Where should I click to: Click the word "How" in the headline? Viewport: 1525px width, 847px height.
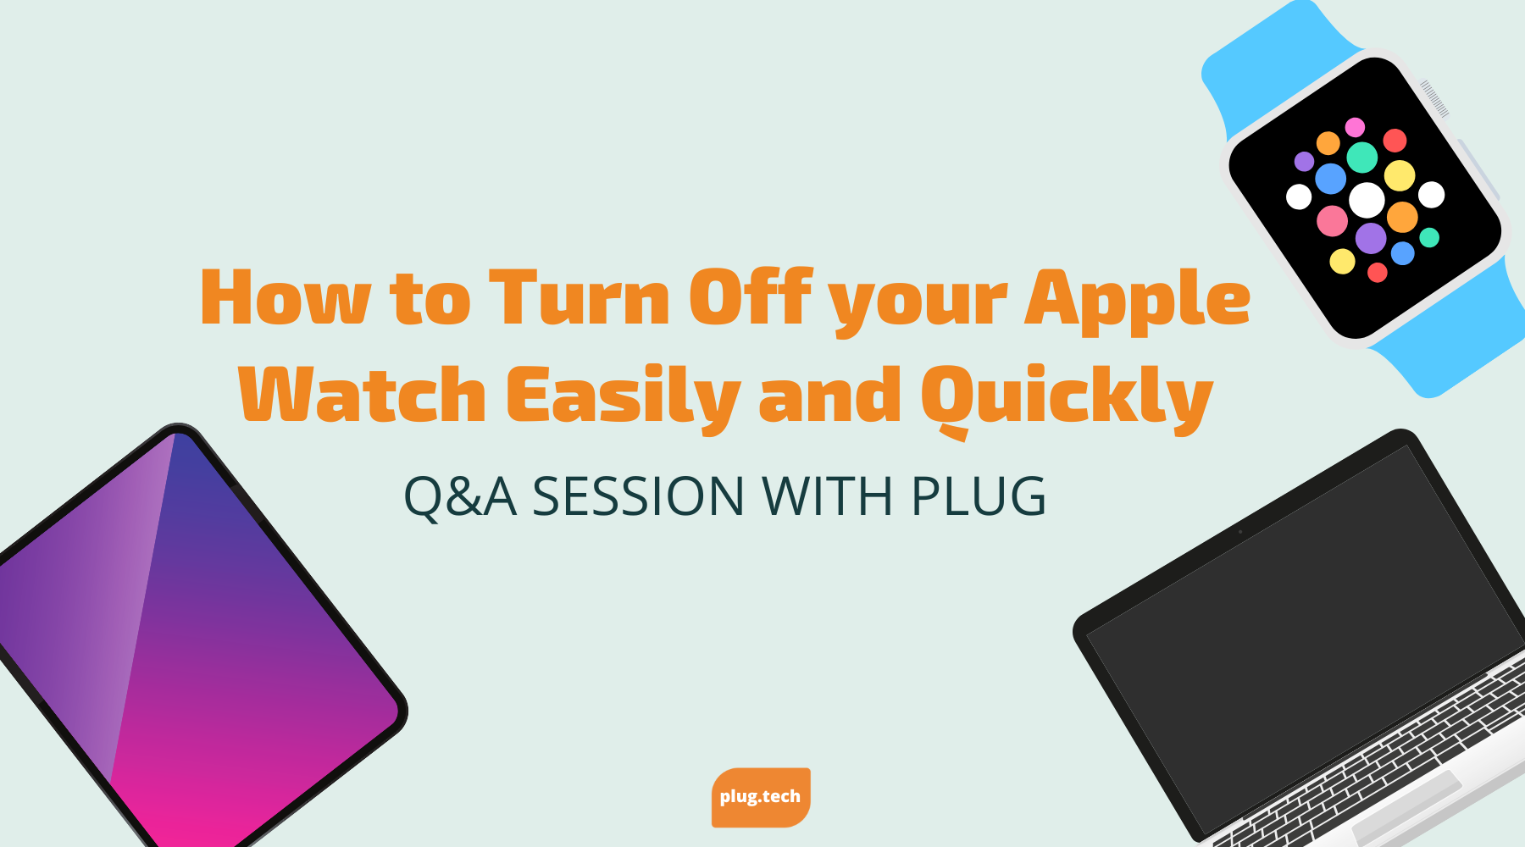point(285,298)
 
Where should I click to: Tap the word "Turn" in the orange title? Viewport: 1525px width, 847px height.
point(580,298)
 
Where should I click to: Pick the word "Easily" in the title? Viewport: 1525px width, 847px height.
point(623,396)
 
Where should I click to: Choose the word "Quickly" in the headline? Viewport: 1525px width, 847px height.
point(1067,396)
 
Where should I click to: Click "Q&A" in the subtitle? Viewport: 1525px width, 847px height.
point(460,496)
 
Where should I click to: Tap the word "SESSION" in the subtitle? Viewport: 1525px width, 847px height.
point(638,496)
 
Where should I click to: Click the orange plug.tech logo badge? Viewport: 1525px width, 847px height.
point(761,797)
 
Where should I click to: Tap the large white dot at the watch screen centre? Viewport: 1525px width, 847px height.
point(1367,200)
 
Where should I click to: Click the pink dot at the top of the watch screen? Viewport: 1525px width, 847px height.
point(1355,127)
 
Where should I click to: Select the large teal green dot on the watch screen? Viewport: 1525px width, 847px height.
point(1362,157)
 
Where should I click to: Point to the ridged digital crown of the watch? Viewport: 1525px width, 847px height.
point(1434,97)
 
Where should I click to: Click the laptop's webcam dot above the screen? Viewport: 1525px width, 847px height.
point(1240,532)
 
